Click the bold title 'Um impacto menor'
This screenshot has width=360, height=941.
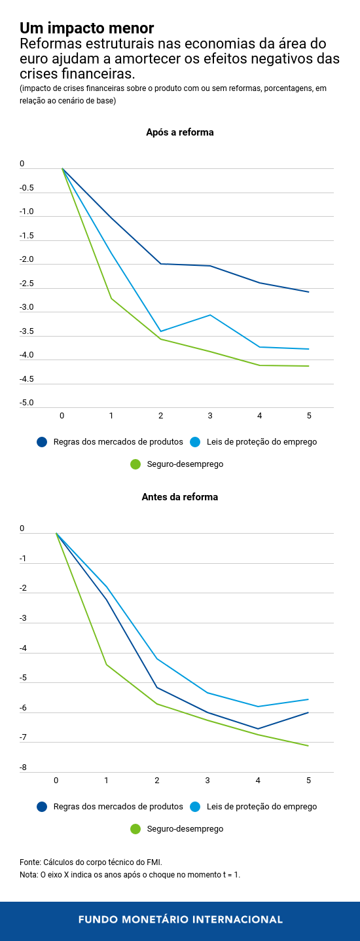(86, 28)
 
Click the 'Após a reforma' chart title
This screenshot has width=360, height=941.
(179, 132)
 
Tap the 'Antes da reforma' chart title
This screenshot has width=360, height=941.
(179, 497)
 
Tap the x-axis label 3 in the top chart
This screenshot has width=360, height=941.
(210, 416)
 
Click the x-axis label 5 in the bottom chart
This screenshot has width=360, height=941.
(308, 780)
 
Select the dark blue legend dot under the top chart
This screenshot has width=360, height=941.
(43, 442)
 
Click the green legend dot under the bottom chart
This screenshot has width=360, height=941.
(135, 829)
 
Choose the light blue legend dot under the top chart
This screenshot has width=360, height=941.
(195, 442)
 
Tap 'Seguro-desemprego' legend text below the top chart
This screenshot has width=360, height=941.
(185, 464)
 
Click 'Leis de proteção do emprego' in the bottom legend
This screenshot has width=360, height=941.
(262, 807)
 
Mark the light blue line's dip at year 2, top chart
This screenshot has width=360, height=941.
(160, 331)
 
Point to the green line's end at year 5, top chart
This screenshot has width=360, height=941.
(309, 366)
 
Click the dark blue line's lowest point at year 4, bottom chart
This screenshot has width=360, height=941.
(258, 729)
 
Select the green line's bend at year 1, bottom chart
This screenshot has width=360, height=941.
(107, 665)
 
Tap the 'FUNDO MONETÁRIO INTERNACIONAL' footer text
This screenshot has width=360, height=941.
(180, 919)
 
